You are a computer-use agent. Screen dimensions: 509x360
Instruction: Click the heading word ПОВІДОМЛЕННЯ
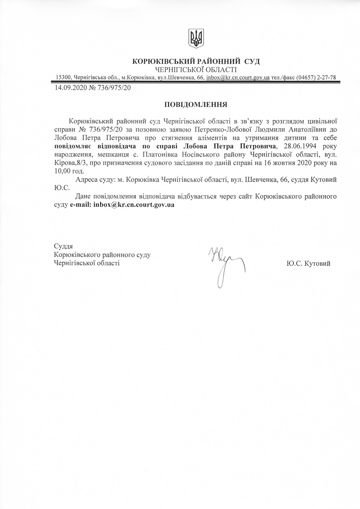[196, 105]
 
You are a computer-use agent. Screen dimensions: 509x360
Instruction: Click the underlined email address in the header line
[238, 78]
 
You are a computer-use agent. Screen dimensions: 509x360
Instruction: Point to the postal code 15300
[64, 78]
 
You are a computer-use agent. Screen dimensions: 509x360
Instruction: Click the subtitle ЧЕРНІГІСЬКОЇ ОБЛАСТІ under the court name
[196, 69]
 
